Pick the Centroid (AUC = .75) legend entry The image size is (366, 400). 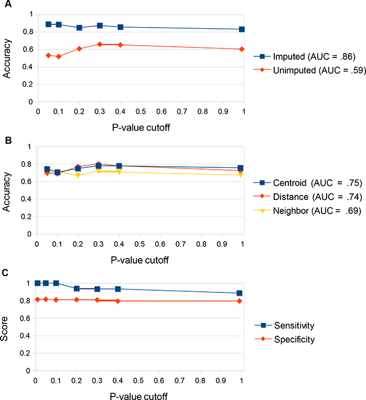click(307, 183)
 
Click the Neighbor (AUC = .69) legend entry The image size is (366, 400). click(307, 210)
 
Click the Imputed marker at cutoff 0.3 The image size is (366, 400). click(100, 25)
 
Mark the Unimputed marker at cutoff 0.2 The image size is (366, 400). click(79, 49)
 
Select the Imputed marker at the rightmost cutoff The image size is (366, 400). click(242, 29)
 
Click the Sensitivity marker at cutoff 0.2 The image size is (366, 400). click(77, 288)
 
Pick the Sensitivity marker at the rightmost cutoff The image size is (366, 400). click(239, 293)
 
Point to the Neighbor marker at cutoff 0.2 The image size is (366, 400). click(78, 175)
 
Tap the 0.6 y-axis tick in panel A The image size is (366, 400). click(28, 49)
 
